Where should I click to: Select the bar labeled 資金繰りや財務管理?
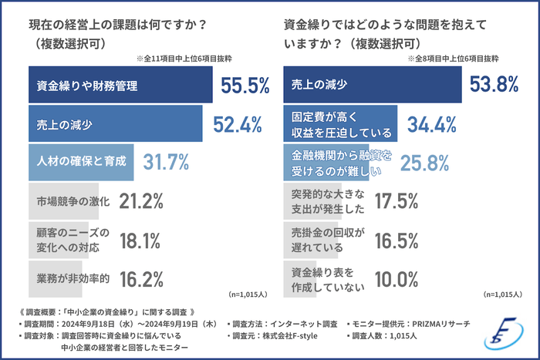119,86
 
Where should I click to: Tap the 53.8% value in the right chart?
501,86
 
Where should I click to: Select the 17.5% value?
396,201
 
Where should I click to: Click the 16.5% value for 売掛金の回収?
396,239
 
